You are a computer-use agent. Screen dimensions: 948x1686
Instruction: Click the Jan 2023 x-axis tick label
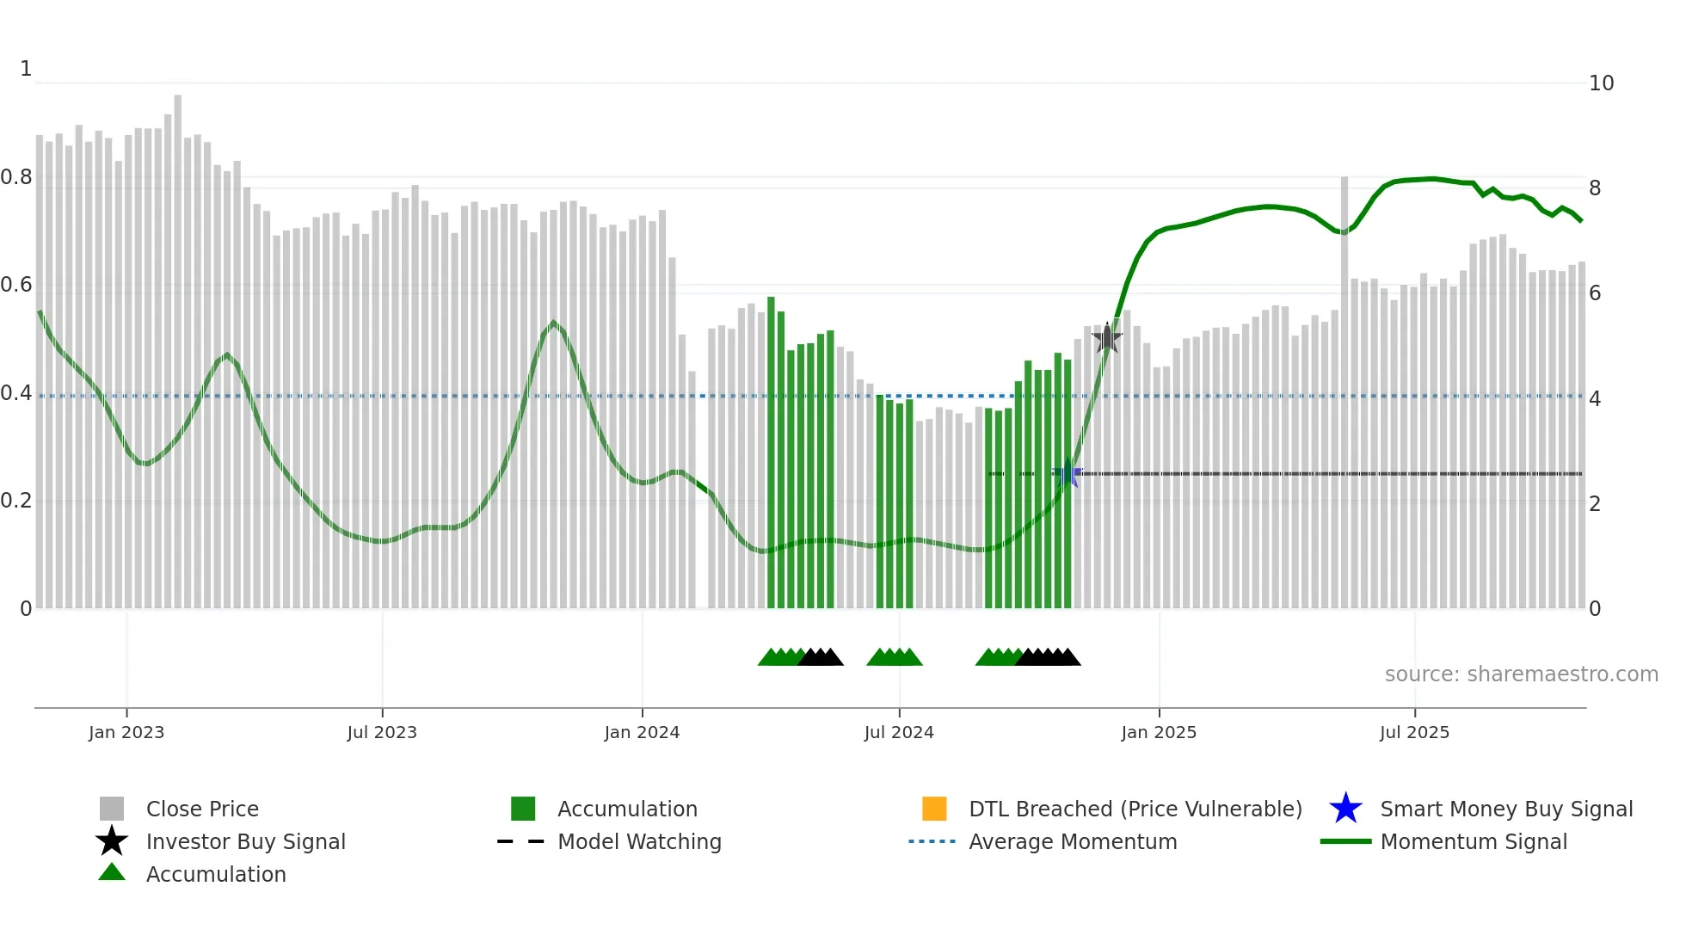(126, 732)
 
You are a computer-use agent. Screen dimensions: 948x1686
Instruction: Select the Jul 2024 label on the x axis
(899, 732)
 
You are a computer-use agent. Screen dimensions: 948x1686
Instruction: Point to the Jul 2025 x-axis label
(1414, 732)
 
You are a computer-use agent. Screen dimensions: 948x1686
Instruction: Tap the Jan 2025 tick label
(1159, 732)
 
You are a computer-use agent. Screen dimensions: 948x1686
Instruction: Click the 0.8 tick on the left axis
(16, 177)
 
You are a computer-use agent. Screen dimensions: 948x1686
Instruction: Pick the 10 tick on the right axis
(1601, 83)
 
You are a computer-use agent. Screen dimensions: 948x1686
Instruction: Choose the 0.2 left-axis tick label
(16, 501)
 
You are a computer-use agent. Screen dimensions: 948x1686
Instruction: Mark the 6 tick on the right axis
(1595, 293)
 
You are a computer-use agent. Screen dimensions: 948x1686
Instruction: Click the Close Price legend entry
(202, 809)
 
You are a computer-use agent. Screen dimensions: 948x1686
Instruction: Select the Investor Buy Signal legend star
(112, 841)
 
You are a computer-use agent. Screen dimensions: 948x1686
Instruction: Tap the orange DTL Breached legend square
(934, 809)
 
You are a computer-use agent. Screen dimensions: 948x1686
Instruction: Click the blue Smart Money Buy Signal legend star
(1345, 809)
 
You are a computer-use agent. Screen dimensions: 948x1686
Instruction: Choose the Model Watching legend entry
(639, 841)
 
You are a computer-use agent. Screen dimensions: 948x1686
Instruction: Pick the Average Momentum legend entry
(1073, 841)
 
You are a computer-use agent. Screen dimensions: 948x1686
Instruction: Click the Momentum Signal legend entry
(1474, 841)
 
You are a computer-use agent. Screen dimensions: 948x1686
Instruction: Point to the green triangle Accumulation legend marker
(112, 873)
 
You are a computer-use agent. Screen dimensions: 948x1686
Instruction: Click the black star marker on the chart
(1107, 338)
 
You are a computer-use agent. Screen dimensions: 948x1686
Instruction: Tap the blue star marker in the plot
(1068, 473)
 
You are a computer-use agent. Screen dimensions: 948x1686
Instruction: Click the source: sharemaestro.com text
(1521, 674)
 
